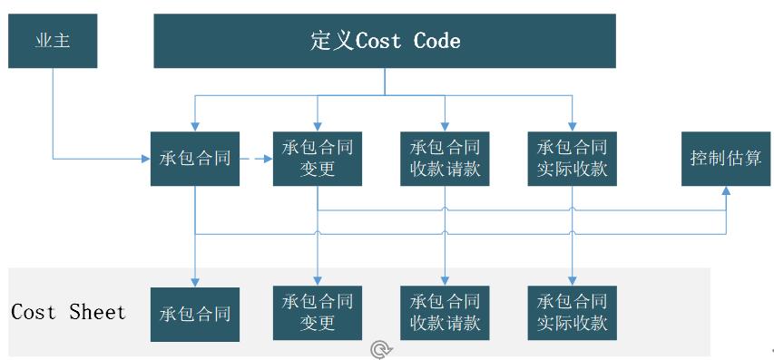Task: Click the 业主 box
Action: click(x=52, y=42)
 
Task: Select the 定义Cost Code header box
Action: click(x=385, y=41)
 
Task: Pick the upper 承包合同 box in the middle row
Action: click(x=195, y=159)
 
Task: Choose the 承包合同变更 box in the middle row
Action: click(x=318, y=159)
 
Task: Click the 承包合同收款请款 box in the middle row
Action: click(x=445, y=159)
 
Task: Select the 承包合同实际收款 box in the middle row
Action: click(x=573, y=159)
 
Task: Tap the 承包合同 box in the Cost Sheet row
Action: click(x=195, y=315)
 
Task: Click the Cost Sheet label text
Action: click(x=68, y=313)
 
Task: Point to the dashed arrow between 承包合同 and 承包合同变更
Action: click(x=256, y=159)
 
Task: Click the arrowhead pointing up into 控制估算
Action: click(x=726, y=191)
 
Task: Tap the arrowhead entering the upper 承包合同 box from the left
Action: click(x=145, y=159)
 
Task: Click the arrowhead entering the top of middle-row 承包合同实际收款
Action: click(x=573, y=126)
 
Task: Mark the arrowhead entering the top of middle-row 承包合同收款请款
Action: click(x=445, y=126)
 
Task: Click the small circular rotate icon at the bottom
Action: click(x=381, y=348)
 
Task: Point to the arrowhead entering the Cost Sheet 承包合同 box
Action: click(x=195, y=282)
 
